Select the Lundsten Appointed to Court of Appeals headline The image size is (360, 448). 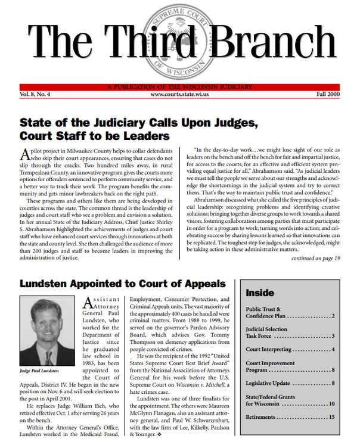click(123, 284)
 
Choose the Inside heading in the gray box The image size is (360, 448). click(260, 293)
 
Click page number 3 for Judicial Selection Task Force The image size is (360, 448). click(333, 336)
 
